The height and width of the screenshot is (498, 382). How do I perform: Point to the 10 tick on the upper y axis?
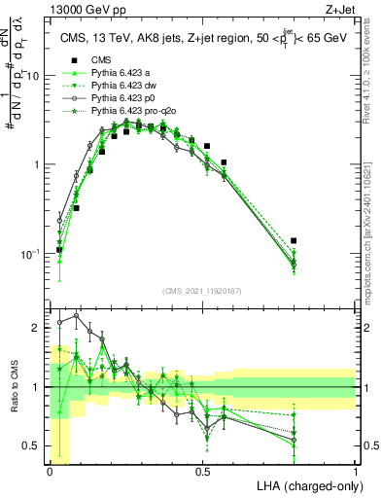coord(36,76)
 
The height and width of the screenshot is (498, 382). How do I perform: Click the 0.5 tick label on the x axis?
coord(202,471)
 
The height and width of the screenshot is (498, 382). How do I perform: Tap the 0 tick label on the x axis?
coord(50,471)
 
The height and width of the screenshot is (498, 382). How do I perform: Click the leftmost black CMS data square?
coord(59,250)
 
